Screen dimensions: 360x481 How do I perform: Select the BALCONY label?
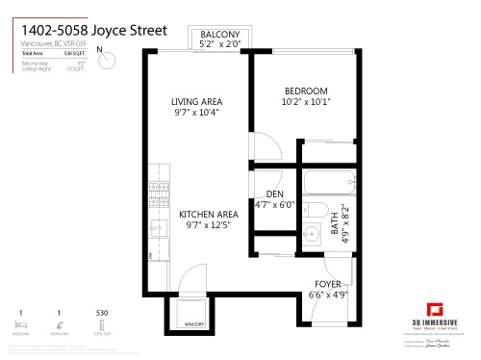(219, 35)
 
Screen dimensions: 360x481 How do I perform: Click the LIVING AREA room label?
(196, 101)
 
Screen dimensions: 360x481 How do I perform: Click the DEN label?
(275, 194)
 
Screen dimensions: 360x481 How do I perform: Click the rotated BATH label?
(335, 226)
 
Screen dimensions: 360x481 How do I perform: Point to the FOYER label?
(326, 283)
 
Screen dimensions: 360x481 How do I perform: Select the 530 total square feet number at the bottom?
(102, 313)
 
